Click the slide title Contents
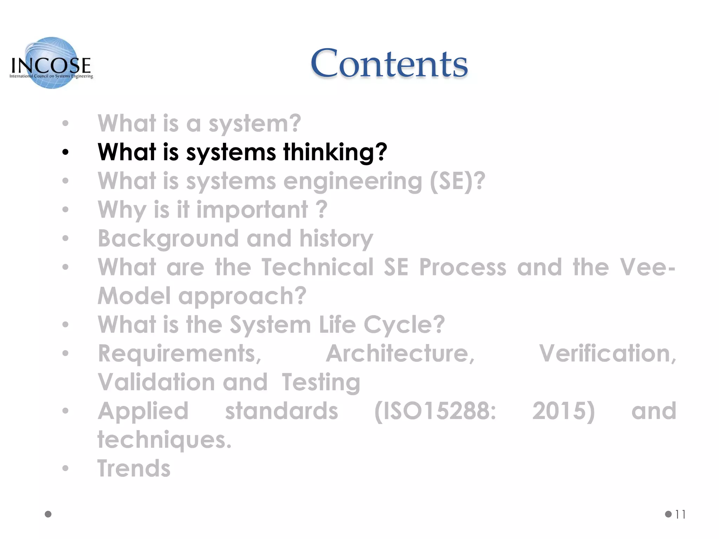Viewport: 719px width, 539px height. [389, 64]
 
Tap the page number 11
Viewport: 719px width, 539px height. [680, 514]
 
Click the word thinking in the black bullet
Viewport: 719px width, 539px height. [335, 152]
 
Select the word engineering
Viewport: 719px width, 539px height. [352, 181]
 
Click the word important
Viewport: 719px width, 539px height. [252, 210]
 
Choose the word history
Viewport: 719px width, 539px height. [336, 239]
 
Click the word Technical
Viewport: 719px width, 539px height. [317, 267]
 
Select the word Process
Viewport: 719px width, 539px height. [463, 267]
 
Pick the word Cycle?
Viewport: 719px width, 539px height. [404, 325]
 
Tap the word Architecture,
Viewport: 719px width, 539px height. [400, 354]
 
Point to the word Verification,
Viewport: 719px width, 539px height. [608, 354]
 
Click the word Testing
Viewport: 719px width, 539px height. [321, 382]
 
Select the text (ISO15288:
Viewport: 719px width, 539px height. [435, 411]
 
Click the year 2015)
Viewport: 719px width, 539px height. [563, 411]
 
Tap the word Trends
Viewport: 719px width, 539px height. [134, 469]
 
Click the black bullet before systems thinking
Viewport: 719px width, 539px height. [65, 152]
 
